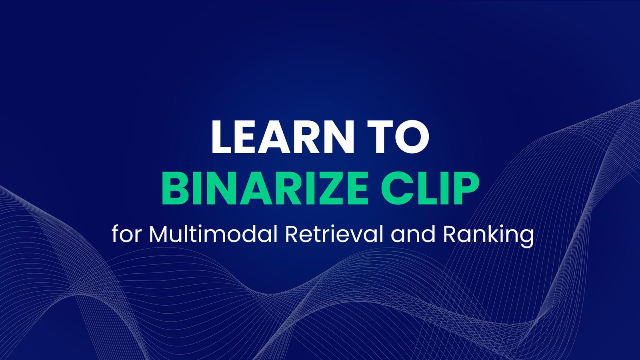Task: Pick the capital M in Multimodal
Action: pyautogui.click(x=158, y=234)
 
